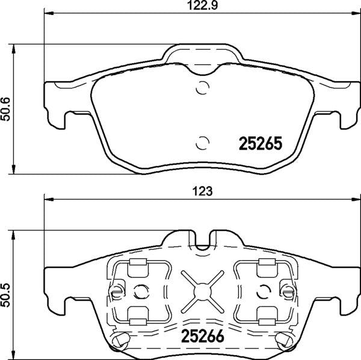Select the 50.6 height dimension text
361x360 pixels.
(7, 108)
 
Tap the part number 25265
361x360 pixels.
(261, 144)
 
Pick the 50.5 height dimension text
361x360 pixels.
(7, 293)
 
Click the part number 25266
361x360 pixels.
(199, 337)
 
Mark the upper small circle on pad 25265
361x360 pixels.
(203, 88)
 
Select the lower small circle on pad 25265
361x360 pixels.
(203, 142)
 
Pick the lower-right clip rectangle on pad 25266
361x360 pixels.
(265, 313)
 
